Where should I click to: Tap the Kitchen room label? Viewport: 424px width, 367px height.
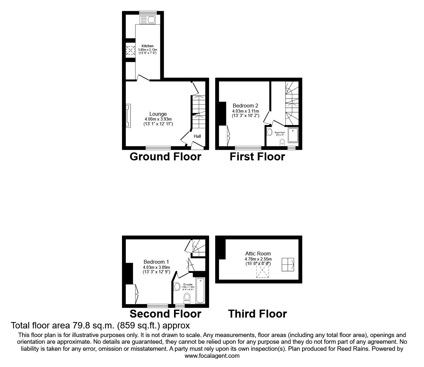148,46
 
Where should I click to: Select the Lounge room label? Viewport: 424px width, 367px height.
158,114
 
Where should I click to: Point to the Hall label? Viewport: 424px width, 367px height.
197,136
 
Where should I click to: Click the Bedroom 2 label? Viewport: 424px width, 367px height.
245,106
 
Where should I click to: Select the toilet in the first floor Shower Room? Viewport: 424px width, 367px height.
282,142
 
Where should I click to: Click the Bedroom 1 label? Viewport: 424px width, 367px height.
156,262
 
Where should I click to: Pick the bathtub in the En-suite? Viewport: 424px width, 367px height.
200,290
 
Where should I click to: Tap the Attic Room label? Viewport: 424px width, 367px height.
258,254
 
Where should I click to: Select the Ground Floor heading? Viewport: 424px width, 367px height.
165,157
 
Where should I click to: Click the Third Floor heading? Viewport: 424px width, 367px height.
257,314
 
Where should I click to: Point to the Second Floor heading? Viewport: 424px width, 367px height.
165,314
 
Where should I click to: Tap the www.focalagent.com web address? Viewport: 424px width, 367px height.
212,356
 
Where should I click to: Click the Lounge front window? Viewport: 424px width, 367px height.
158,148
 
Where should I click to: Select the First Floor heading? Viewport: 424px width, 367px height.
257,157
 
